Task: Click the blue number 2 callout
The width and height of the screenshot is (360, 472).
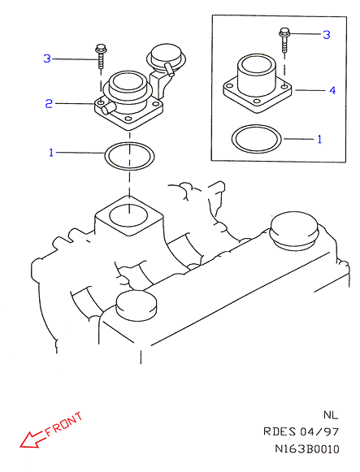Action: [49, 103]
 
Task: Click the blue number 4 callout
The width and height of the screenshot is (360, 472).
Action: [332, 90]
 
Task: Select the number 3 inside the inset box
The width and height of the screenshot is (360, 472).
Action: [327, 34]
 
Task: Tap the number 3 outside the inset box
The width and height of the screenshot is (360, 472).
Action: [47, 58]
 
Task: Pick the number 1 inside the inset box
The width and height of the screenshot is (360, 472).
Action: [319, 139]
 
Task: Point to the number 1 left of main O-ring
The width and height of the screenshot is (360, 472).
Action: [51, 153]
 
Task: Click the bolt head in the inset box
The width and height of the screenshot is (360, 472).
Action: [284, 31]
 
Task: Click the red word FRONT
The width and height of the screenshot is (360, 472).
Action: [64, 424]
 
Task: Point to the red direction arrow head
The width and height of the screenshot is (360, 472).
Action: [27, 441]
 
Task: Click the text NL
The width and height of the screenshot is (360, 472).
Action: [331, 415]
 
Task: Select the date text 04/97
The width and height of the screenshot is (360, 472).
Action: [319, 432]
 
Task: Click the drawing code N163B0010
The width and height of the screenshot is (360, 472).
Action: [307, 449]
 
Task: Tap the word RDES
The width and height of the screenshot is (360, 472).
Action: [280, 431]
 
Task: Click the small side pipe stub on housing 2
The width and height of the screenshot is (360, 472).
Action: [108, 108]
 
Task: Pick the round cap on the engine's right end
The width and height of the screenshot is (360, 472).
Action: [294, 231]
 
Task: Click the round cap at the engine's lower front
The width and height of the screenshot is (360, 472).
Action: [137, 306]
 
